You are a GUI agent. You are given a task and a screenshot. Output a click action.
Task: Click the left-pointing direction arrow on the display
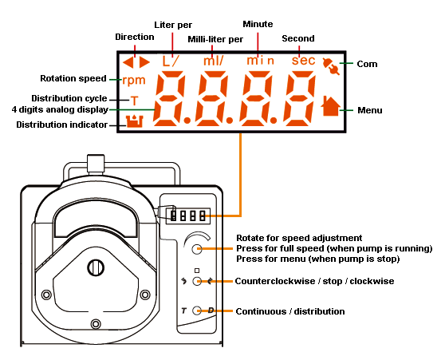pyautogui.click(x=128, y=62)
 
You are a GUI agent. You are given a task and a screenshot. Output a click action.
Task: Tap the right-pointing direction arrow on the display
pyautogui.click(x=144, y=62)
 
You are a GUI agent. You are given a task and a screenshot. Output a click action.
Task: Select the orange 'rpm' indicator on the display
pyautogui.click(x=134, y=81)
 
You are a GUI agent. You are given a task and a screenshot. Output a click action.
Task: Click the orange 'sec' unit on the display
pyautogui.click(x=303, y=60)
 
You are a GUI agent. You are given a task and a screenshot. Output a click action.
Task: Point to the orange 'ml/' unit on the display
pyautogui.click(x=214, y=61)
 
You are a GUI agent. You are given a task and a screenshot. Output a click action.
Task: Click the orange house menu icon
pyautogui.click(x=331, y=105)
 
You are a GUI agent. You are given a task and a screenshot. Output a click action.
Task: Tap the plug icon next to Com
pyautogui.click(x=331, y=66)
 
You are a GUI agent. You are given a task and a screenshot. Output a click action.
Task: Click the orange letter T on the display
pyautogui.click(x=134, y=101)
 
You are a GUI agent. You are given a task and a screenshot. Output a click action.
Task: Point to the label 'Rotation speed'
pyautogui.click(x=73, y=78)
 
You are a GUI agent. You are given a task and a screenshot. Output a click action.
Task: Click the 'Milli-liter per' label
pyautogui.click(x=215, y=39)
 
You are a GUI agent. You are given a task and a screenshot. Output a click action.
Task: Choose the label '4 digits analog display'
pyautogui.click(x=60, y=109)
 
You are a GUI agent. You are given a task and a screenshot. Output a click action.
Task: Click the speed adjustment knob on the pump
pyautogui.click(x=197, y=249)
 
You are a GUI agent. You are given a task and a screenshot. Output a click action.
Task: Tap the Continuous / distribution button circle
pyautogui.click(x=197, y=311)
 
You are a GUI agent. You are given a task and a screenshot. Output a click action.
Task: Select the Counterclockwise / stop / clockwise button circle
pyautogui.click(x=197, y=281)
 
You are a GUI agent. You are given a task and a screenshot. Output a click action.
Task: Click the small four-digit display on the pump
pyautogui.click(x=188, y=216)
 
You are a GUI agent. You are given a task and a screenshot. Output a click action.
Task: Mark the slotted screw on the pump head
pyautogui.click(x=96, y=267)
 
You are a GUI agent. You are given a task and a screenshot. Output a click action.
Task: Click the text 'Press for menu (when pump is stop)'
pyautogui.click(x=318, y=259)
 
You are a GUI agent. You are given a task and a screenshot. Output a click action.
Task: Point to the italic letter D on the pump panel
pyautogui.click(x=211, y=311)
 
